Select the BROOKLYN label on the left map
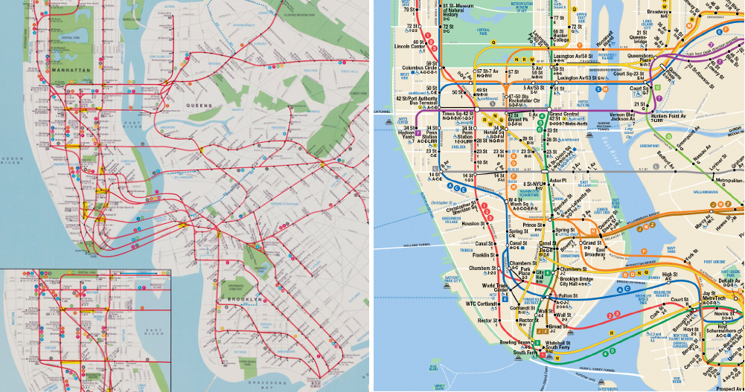(243, 300)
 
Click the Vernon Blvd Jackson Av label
(622, 117)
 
